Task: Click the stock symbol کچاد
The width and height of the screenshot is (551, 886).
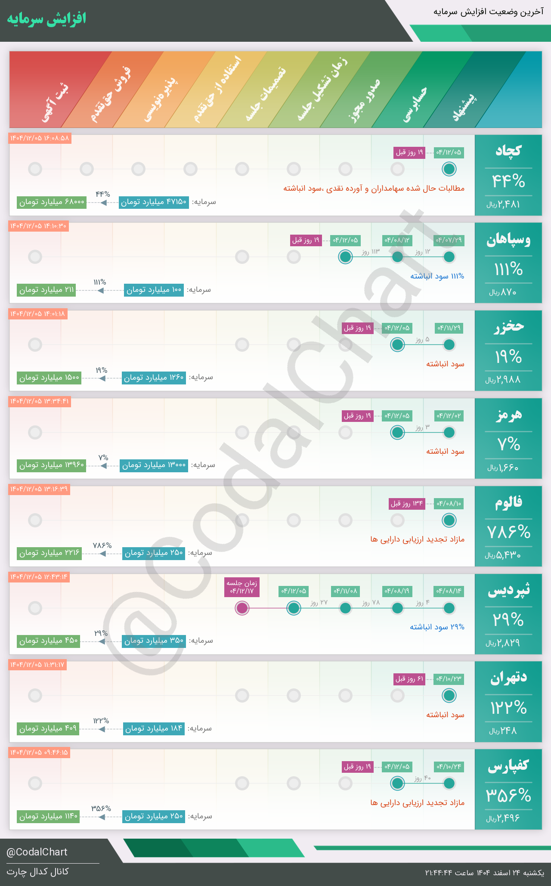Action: coord(508,151)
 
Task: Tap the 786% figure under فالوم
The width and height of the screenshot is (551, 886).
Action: coord(508,533)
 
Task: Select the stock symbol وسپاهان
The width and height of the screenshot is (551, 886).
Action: coord(508,240)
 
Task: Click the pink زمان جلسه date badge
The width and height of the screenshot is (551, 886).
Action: coord(242,587)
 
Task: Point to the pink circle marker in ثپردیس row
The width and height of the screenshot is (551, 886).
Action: coord(242,608)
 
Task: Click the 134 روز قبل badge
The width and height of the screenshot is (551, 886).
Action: coord(407,504)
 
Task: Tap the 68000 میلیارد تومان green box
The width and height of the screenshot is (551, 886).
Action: coord(52,202)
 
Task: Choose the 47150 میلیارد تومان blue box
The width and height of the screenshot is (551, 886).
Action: coord(154,202)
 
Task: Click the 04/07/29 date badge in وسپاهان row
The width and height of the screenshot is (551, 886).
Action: coord(449,240)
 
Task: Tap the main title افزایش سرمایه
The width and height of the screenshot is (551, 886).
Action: coord(46,19)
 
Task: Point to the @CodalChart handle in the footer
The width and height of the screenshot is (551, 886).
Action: coord(37,852)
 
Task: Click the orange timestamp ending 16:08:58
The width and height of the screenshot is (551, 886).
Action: coord(40,138)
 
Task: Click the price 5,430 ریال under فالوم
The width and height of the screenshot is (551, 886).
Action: coord(503,556)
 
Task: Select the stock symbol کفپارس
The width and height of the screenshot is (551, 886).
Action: coord(508,766)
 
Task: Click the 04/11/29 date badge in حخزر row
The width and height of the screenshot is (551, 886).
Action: coord(449,328)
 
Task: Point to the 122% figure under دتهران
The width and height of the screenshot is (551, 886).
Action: coord(508,708)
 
